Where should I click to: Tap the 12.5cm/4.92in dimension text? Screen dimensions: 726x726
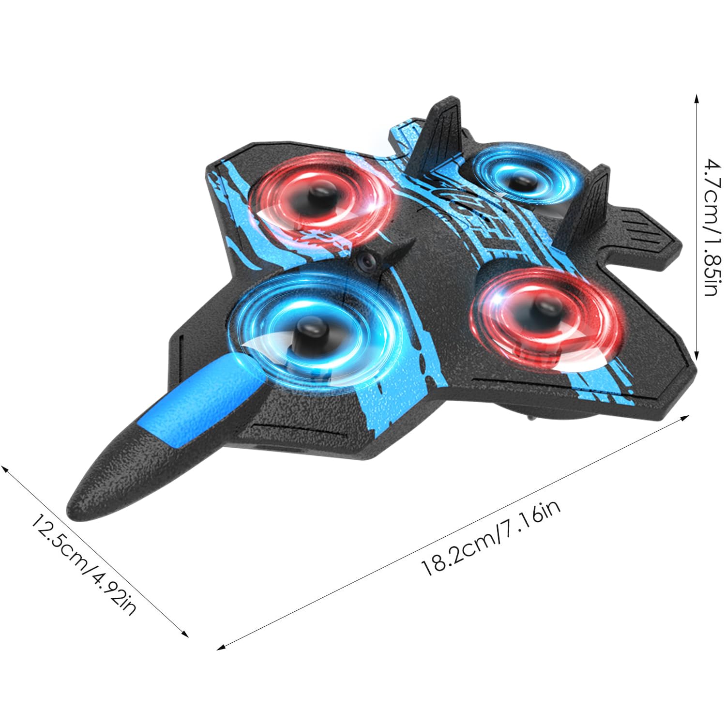coord(82,563)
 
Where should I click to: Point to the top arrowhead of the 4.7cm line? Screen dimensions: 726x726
coord(696,99)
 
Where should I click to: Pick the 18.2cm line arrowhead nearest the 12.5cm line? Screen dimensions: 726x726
coord(222,647)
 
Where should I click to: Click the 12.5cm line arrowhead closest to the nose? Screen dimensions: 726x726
coord(5,469)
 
